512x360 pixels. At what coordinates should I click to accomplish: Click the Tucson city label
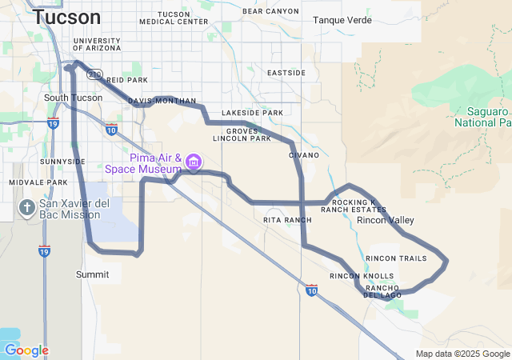tap(67, 17)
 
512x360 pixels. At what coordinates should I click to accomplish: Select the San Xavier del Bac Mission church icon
tap(26, 210)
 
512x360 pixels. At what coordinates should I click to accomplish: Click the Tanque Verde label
tap(342, 20)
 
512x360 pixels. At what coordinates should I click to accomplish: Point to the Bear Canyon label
tap(270, 12)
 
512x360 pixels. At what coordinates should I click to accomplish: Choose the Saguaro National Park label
tap(482, 117)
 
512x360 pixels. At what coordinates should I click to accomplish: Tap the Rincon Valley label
tap(386, 220)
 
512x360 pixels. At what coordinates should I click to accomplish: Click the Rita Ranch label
tap(287, 219)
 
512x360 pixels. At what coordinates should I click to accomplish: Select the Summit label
tap(92, 274)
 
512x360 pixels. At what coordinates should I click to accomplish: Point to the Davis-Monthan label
tap(162, 102)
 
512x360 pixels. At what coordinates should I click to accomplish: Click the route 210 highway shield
tap(96, 74)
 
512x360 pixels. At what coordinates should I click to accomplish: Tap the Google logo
tap(26, 350)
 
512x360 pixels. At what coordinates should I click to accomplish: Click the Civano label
tap(304, 154)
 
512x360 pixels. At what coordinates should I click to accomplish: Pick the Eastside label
tap(286, 73)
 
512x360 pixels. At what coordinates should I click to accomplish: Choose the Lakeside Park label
tap(252, 113)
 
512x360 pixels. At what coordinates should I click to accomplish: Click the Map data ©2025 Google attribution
tap(462, 354)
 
